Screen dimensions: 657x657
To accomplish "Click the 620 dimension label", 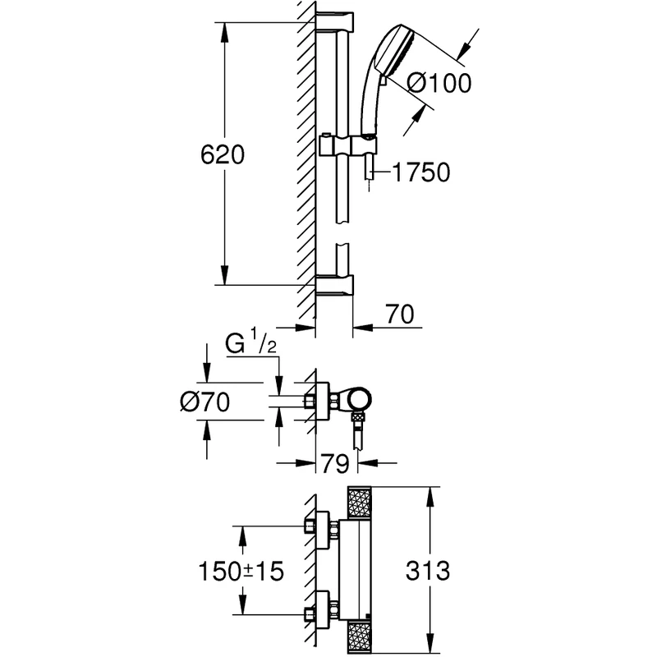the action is point(222,154).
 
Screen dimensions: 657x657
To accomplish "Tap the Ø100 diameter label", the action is point(439,83).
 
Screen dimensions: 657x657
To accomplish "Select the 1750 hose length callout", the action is point(421,172).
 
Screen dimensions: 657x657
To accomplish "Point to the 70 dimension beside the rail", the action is point(400,315).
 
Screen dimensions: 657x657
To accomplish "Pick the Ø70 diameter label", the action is point(204,402).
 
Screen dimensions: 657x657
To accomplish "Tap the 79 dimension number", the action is point(335,464).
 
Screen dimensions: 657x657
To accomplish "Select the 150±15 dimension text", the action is point(241,571).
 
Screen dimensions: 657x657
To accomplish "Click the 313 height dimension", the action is point(428,571).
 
